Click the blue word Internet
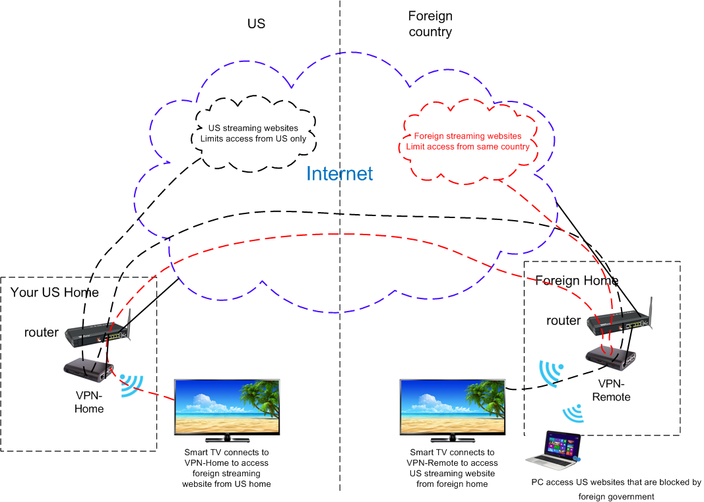(340, 173)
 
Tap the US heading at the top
(256, 24)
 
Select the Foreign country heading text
(430, 24)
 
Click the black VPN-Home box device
(88, 371)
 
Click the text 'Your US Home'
(55, 293)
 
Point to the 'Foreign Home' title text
(577, 281)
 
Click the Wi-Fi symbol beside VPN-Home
(132, 385)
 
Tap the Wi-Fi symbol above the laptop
(572, 414)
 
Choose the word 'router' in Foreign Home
(563, 321)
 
